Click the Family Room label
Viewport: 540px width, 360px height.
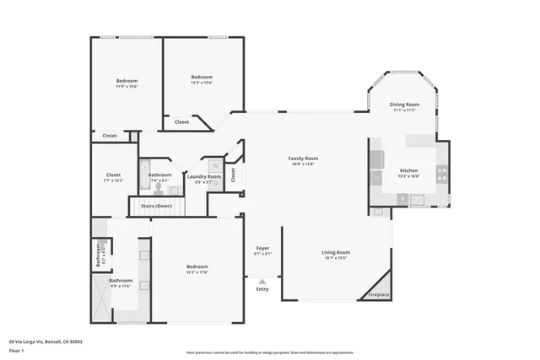point(303,159)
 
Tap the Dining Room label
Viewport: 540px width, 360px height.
point(404,105)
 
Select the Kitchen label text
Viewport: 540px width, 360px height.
point(408,171)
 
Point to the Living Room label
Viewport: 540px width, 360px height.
point(335,252)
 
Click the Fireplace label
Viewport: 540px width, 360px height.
point(378,294)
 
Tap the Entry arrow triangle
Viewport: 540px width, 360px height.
point(262,282)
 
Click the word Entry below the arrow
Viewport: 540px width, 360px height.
point(262,291)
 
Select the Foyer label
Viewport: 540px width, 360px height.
point(262,249)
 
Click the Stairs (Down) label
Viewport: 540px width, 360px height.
point(156,206)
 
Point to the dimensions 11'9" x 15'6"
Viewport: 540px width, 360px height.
point(127,86)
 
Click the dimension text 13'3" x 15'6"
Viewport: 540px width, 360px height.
point(201,82)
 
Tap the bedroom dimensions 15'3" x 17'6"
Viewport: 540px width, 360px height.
point(197,271)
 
